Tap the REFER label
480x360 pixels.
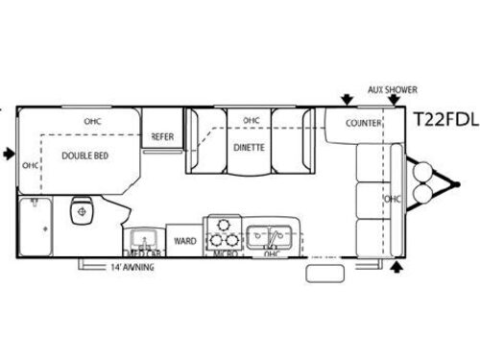[x=161, y=137]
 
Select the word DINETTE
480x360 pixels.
[x=249, y=149]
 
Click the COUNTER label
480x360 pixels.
[x=364, y=123]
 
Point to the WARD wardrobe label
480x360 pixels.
[x=183, y=240]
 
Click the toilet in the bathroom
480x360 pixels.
[x=84, y=209]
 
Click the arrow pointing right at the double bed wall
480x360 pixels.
[x=9, y=153]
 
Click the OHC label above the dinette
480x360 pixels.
[x=252, y=120]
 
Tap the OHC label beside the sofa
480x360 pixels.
[x=391, y=199]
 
